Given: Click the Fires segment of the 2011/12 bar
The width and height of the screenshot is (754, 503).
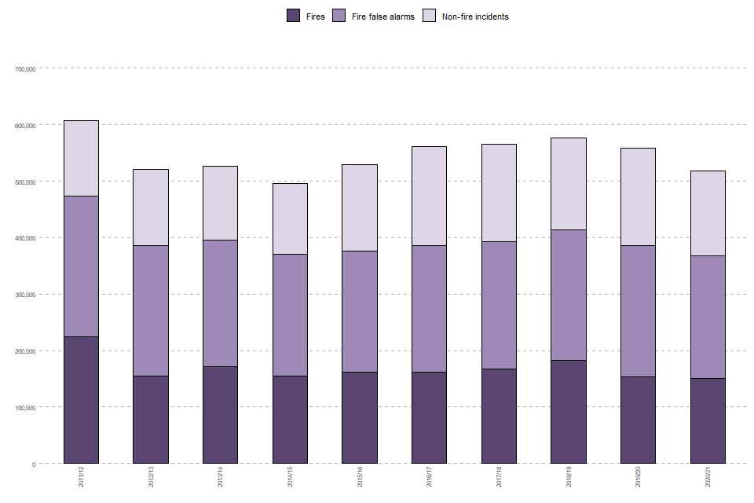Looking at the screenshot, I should [81, 399].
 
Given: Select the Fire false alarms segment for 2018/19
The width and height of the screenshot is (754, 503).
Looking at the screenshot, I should [568, 295].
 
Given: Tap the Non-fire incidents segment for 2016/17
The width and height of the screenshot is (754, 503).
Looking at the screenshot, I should [429, 196].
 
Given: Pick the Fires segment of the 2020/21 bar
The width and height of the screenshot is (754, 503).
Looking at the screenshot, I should [708, 420].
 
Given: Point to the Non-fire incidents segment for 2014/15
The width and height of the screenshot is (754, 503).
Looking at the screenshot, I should [290, 218].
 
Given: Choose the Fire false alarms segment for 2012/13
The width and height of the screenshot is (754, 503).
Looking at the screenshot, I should [151, 310].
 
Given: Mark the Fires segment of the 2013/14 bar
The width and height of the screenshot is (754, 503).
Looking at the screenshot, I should [220, 414].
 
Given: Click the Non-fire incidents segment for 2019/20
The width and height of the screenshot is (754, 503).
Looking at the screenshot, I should [638, 196].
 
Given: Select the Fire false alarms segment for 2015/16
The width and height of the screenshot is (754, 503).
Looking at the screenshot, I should [359, 311].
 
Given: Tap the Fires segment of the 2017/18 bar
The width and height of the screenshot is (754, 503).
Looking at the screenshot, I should [499, 416].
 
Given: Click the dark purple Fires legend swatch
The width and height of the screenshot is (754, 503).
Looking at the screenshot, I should [294, 16].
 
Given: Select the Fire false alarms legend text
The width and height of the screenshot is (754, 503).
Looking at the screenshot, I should [382, 17].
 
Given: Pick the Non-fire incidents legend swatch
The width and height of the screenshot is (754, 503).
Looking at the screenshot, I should [430, 16].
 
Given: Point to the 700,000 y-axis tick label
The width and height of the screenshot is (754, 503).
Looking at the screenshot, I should [26, 69].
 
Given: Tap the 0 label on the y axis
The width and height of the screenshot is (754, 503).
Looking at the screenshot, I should [33, 464].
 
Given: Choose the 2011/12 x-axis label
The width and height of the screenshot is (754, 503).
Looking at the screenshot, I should [82, 476].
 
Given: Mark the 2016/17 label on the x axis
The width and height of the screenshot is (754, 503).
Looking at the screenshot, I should [430, 476].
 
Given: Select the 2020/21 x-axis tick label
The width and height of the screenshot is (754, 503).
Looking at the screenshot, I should [708, 476].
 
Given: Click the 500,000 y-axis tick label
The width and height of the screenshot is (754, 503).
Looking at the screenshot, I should [26, 182].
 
